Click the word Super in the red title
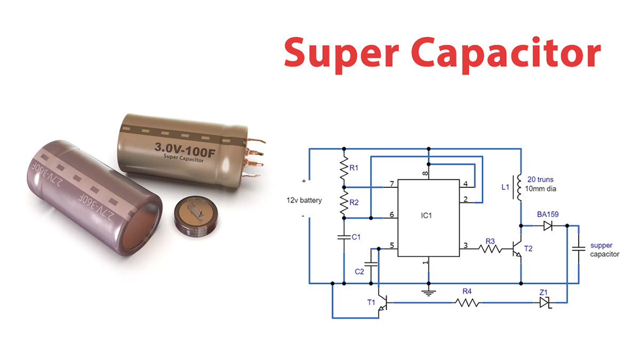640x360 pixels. click(340, 52)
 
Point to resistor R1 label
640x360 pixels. click(354, 168)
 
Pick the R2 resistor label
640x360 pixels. click(354, 203)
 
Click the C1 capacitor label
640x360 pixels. click(356, 236)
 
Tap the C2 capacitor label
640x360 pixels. click(359, 271)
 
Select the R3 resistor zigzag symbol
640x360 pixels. click(489, 247)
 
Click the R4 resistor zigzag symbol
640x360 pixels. click(467, 303)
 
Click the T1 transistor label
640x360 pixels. click(371, 302)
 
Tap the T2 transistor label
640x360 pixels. click(528, 249)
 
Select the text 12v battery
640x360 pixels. click(304, 201)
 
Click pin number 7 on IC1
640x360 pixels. click(392, 185)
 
